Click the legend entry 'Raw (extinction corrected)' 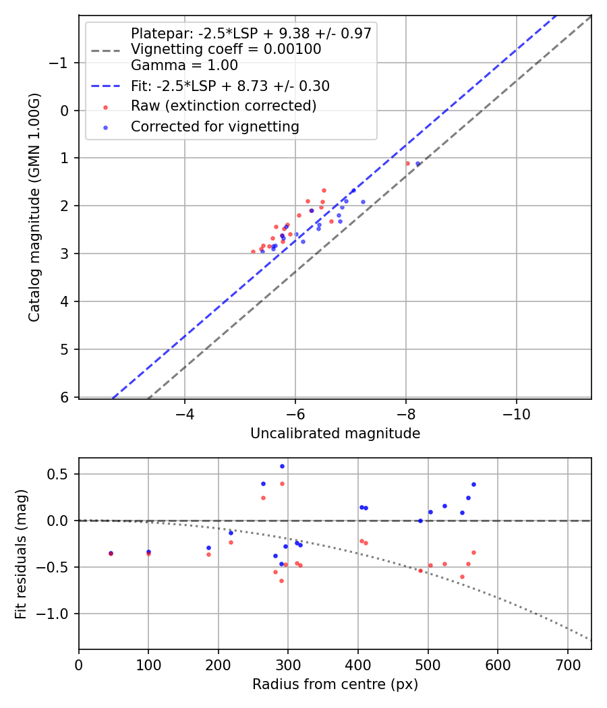coord(223,106)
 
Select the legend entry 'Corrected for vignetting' coord(214,126)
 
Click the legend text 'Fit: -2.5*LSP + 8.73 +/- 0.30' coord(230,86)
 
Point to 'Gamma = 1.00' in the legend coord(184,65)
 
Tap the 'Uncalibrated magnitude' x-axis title coord(335,434)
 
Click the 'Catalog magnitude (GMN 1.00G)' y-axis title coord(34,208)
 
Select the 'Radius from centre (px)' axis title coord(335,684)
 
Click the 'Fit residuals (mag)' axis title coord(21,554)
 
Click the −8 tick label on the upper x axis coord(405,412)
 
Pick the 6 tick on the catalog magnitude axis coord(65,397)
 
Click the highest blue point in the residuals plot coord(282,466)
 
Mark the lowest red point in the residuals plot coord(281,581)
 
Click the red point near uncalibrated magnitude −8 coord(407,163)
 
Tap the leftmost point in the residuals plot coord(111,554)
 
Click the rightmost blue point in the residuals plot coord(473,484)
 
